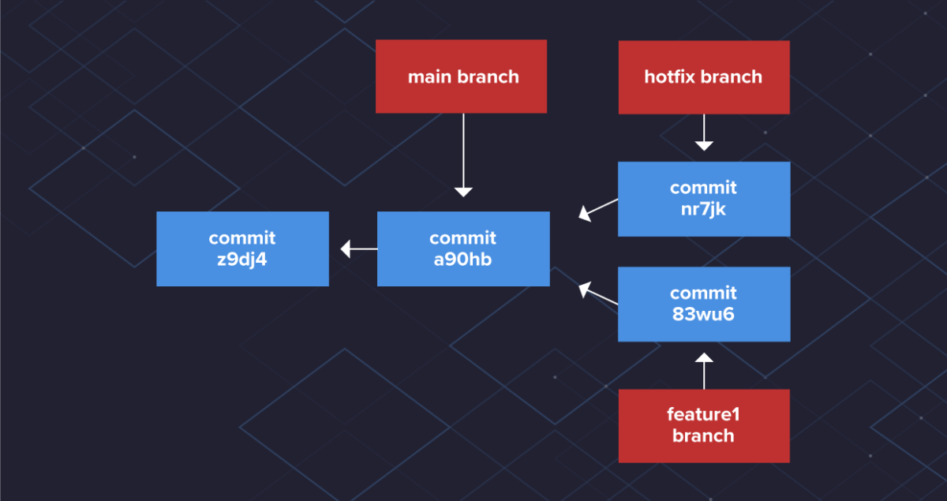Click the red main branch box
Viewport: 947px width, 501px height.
click(462, 77)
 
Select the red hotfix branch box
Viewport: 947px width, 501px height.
click(703, 77)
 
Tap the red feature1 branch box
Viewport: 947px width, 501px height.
click(703, 425)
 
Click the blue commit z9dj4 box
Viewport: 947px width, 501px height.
click(242, 249)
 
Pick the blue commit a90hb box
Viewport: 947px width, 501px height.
click(462, 249)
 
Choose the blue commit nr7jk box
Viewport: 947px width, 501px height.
click(703, 199)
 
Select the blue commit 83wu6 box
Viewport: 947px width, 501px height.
click(703, 304)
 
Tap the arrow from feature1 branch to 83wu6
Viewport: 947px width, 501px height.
click(703, 371)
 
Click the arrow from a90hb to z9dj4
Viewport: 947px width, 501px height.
click(359, 249)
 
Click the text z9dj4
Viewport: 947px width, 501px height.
click(242, 258)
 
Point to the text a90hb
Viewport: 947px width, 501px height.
click(462, 258)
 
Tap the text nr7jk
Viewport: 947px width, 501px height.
click(703, 208)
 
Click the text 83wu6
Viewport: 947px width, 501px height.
click(703, 313)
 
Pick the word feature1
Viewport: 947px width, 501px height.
click(703, 414)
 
